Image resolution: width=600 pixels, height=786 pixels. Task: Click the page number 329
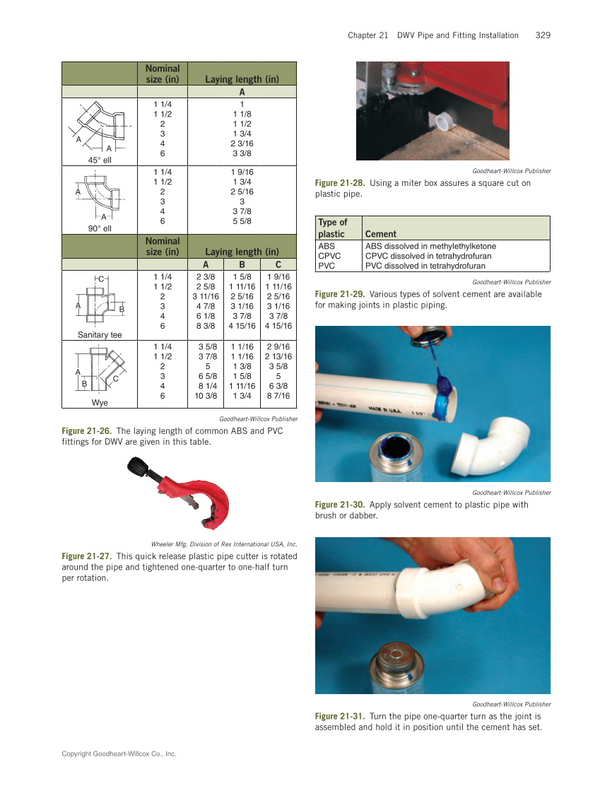[x=543, y=35]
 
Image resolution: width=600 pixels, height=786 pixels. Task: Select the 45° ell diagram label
[x=100, y=160]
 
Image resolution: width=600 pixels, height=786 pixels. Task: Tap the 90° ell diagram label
[x=100, y=228]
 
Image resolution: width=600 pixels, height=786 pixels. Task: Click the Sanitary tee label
[x=100, y=334]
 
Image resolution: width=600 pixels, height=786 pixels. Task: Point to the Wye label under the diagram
[x=100, y=402]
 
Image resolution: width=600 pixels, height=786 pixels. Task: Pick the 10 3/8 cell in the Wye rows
[x=206, y=397]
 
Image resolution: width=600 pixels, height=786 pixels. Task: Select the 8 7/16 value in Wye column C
[x=278, y=397]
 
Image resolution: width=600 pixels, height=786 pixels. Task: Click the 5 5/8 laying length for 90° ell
[x=242, y=221]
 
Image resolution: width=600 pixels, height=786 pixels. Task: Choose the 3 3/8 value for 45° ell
[x=242, y=153]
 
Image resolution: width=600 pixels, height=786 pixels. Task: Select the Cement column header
[x=381, y=234]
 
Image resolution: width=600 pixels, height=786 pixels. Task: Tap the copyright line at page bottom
[x=119, y=754]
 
